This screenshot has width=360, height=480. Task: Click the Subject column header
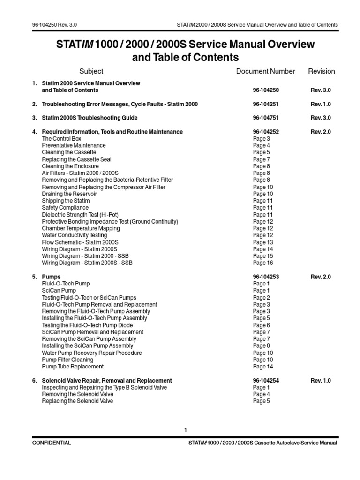pos(91,71)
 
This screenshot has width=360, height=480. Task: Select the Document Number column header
pos(265,71)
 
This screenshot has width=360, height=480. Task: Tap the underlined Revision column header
pos(321,71)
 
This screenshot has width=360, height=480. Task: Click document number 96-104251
pos(266,104)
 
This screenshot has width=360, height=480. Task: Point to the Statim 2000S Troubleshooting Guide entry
pos(90,118)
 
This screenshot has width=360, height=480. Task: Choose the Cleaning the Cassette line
pos(69,152)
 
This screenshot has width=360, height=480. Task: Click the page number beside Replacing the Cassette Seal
pos(262,159)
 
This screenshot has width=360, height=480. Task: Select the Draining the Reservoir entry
pos(70,194)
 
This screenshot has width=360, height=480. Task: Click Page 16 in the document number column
pos(263,263)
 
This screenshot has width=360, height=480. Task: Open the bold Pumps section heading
pos(51,277)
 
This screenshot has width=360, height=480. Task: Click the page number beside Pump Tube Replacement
pos(263,367)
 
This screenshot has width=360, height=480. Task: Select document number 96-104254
pos(266,381)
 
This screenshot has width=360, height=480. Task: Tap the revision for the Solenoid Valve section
pos(321,381)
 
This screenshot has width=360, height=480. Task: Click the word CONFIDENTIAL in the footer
pos(52,442)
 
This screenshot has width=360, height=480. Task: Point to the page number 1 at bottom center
pos(186,430)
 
